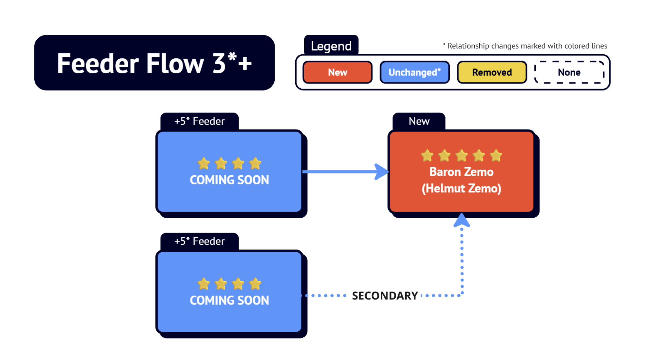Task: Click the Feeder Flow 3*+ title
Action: coord(154,63)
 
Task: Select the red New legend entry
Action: coord(337,72)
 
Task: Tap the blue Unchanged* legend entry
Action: coord(414,72)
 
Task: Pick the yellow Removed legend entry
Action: coord(492,72)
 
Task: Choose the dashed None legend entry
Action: coord(569,72)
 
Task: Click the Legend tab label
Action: coord(331,46)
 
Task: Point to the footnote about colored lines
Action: coord(525,46)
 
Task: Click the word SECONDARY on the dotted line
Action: coord(385,296)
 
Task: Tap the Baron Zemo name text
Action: coord(461,172)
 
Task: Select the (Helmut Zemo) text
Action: coord(461,188)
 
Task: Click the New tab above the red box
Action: coord(419,121)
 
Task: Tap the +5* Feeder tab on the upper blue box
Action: coord(199,121)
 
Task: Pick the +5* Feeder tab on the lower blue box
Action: coord(199,241)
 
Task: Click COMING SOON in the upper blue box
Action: coord(229,180)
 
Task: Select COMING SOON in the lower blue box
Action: coord(229,300)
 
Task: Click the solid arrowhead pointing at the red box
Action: coord(381,172)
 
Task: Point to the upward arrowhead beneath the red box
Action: coord(462,220)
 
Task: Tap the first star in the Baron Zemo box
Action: coord(427,156)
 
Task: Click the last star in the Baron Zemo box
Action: coord(496,156)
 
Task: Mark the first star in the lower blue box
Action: coord(204,284)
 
